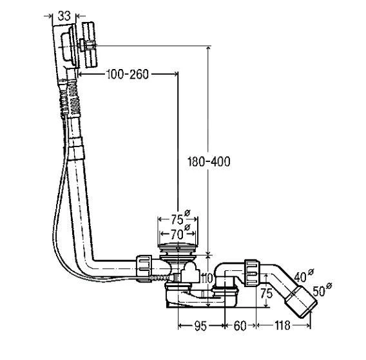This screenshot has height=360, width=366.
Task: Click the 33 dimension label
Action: coord(64,16)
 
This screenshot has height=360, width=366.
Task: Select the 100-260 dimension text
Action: coord(128,74)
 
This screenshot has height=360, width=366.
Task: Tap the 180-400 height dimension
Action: coord(209,161)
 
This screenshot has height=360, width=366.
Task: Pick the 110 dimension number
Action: coord(206,279)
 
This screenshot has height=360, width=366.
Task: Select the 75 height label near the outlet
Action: coord(266,294)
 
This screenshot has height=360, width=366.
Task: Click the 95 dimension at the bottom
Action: coord(200,326)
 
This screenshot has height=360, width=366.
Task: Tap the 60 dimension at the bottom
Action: coord(240,326)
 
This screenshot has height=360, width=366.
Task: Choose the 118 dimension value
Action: coord(282,325)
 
